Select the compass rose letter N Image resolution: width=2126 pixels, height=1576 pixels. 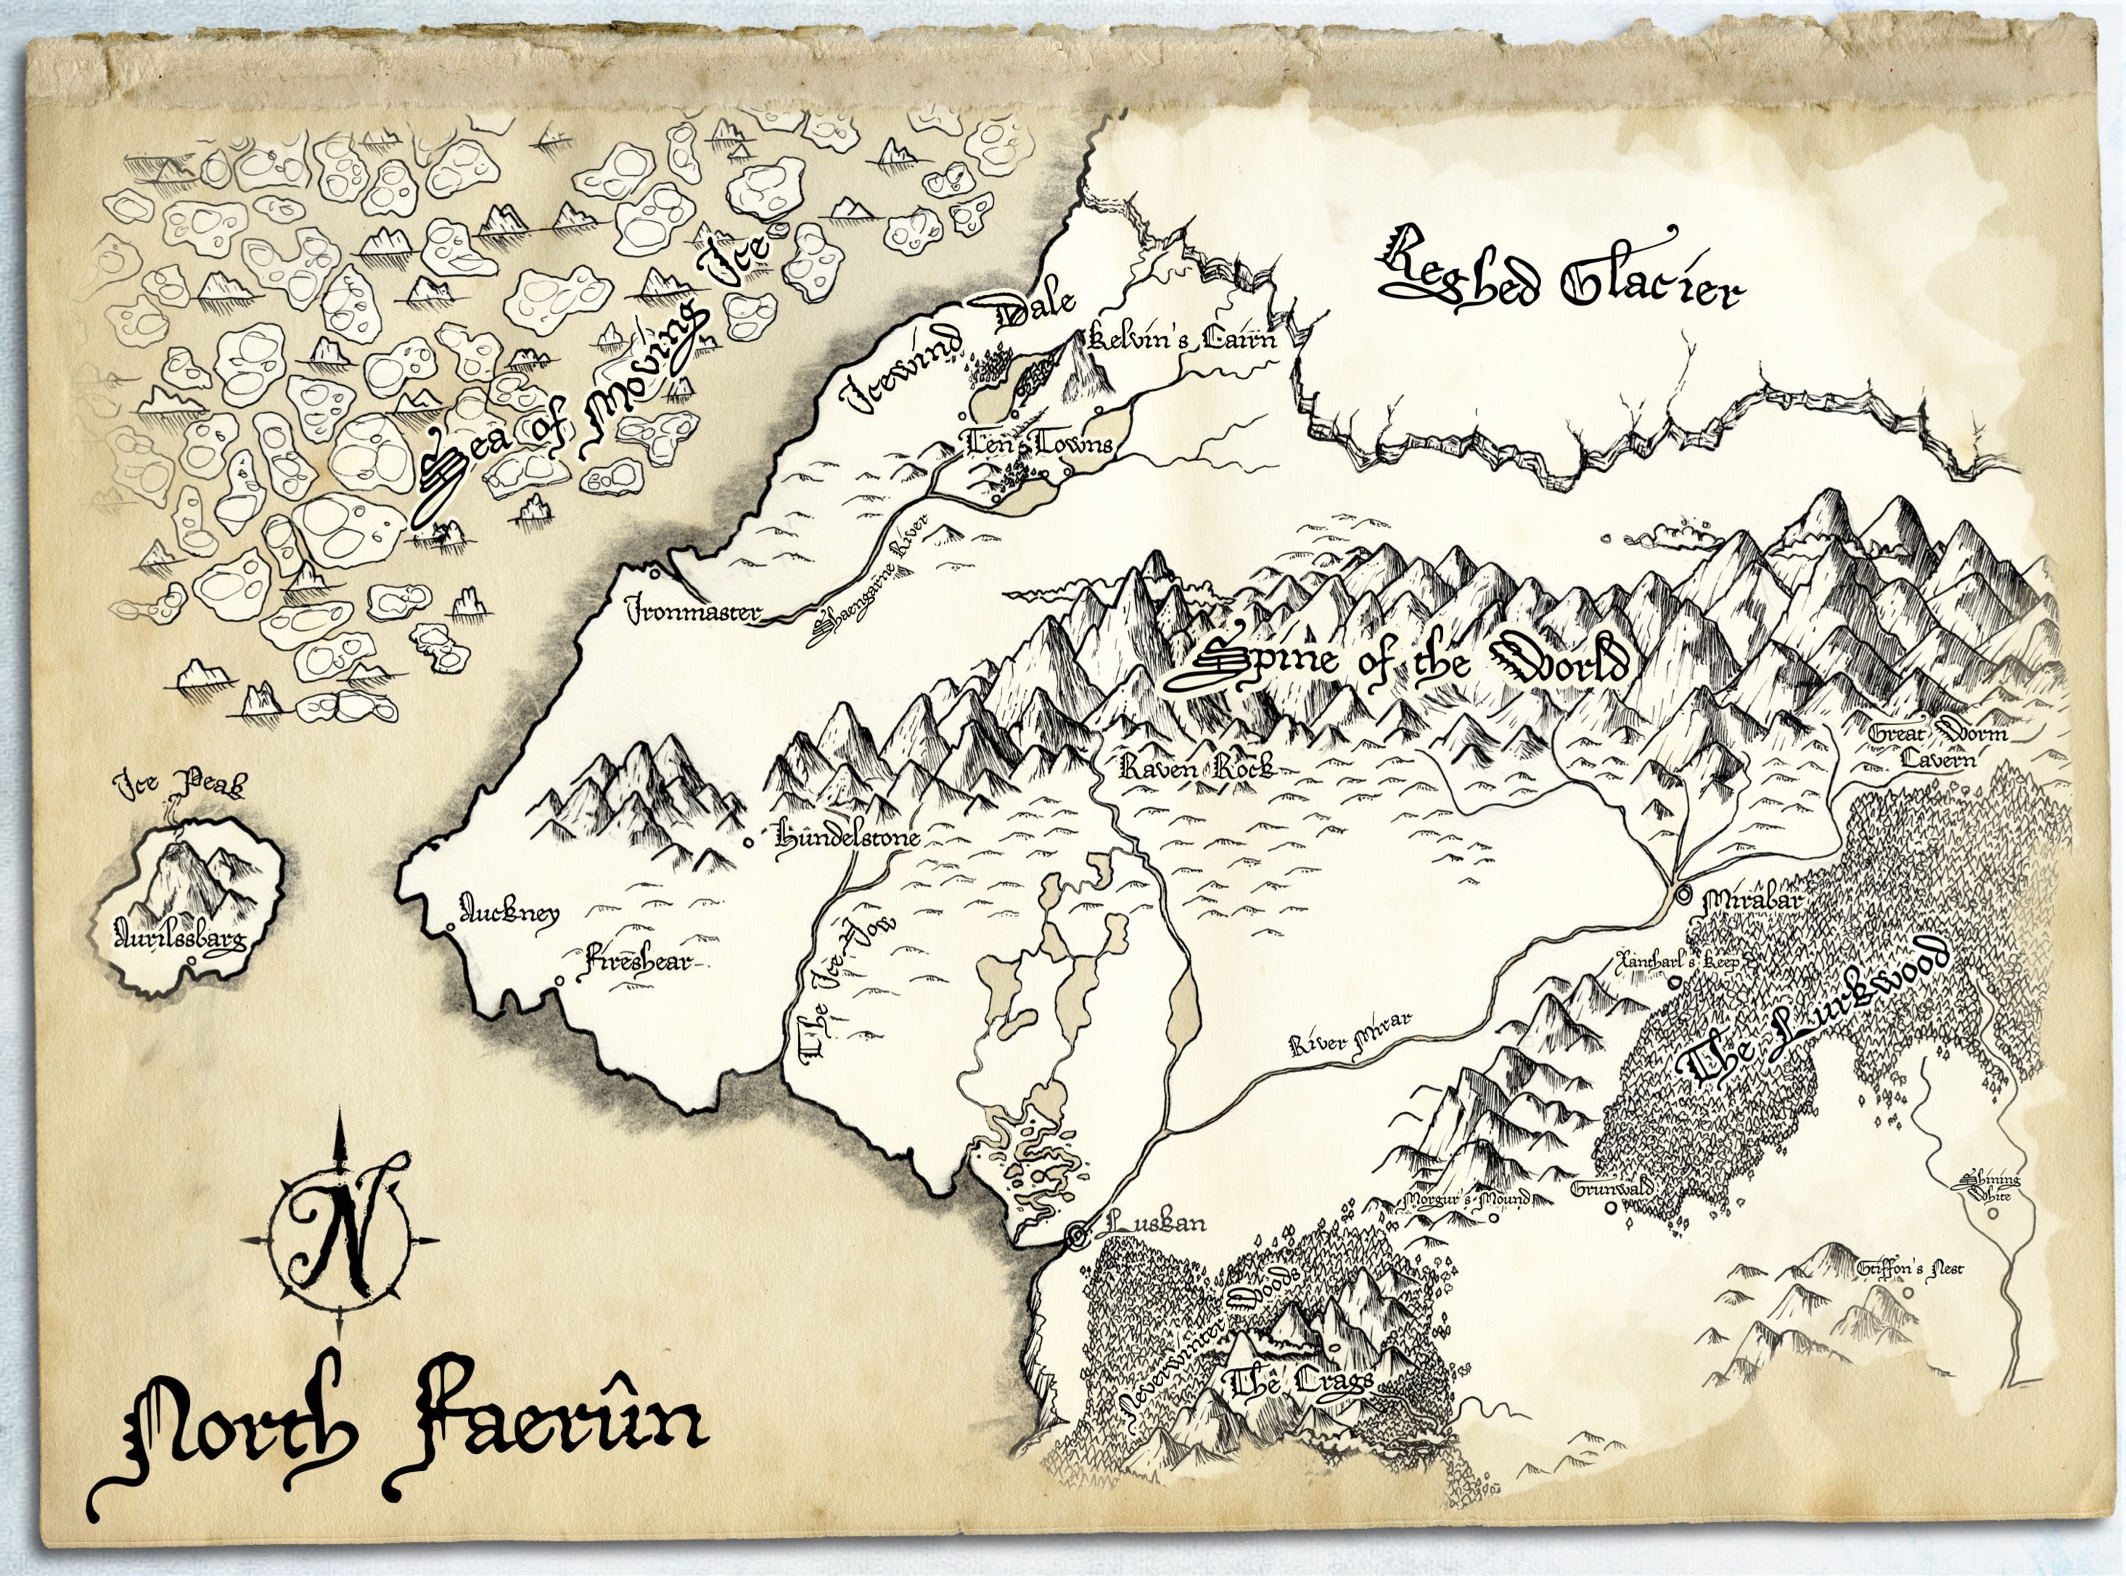click(339, 1237)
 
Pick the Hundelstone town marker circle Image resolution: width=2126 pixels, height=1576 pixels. click(749, 841)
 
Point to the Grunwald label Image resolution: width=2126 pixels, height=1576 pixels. click(1612, 1191)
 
